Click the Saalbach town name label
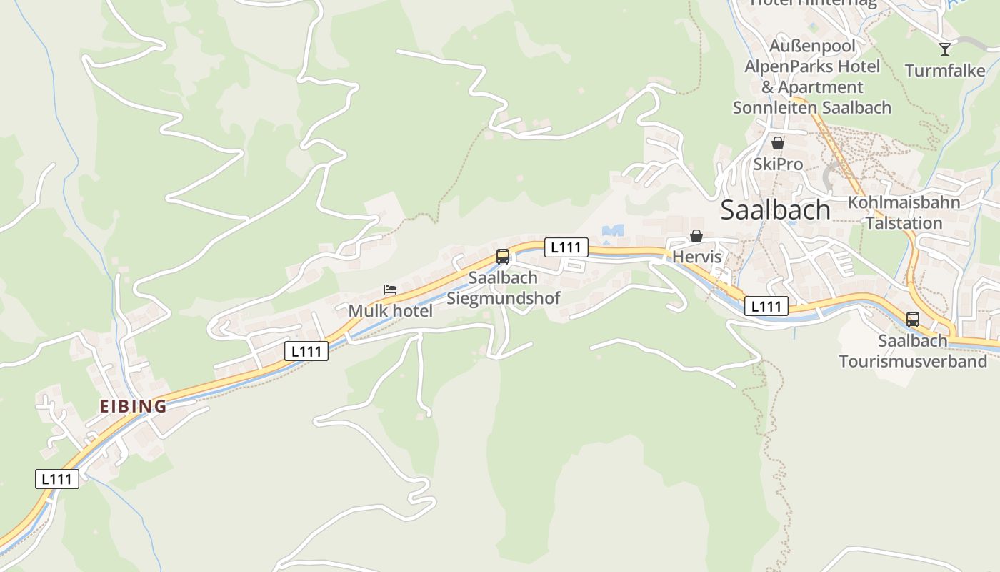tap(775, 210)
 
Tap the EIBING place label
tap(133, 406)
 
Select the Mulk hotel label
tap(390, 311)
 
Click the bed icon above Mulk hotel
tap(389, 290)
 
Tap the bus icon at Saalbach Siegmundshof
tap(503, 257)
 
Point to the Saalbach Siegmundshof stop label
tap(504, 288)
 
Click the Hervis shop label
tap(697, 257)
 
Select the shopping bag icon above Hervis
tap(696, 236)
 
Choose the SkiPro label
tap(778, 164)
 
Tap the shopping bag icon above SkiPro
tap(778, 143)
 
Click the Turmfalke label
tap(944, 71)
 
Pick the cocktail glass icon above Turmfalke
tap(945, 49)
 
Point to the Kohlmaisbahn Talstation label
tap(904, 212)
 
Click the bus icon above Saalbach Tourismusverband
tap(913, 320)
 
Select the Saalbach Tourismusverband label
tap(913, 351)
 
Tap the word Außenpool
tap(812, 46)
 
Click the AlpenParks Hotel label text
tap(812, 66)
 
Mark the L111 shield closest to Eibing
tap(57, 479)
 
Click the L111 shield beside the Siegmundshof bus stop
tap(566, 247)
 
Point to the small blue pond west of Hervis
tap(613, 230)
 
